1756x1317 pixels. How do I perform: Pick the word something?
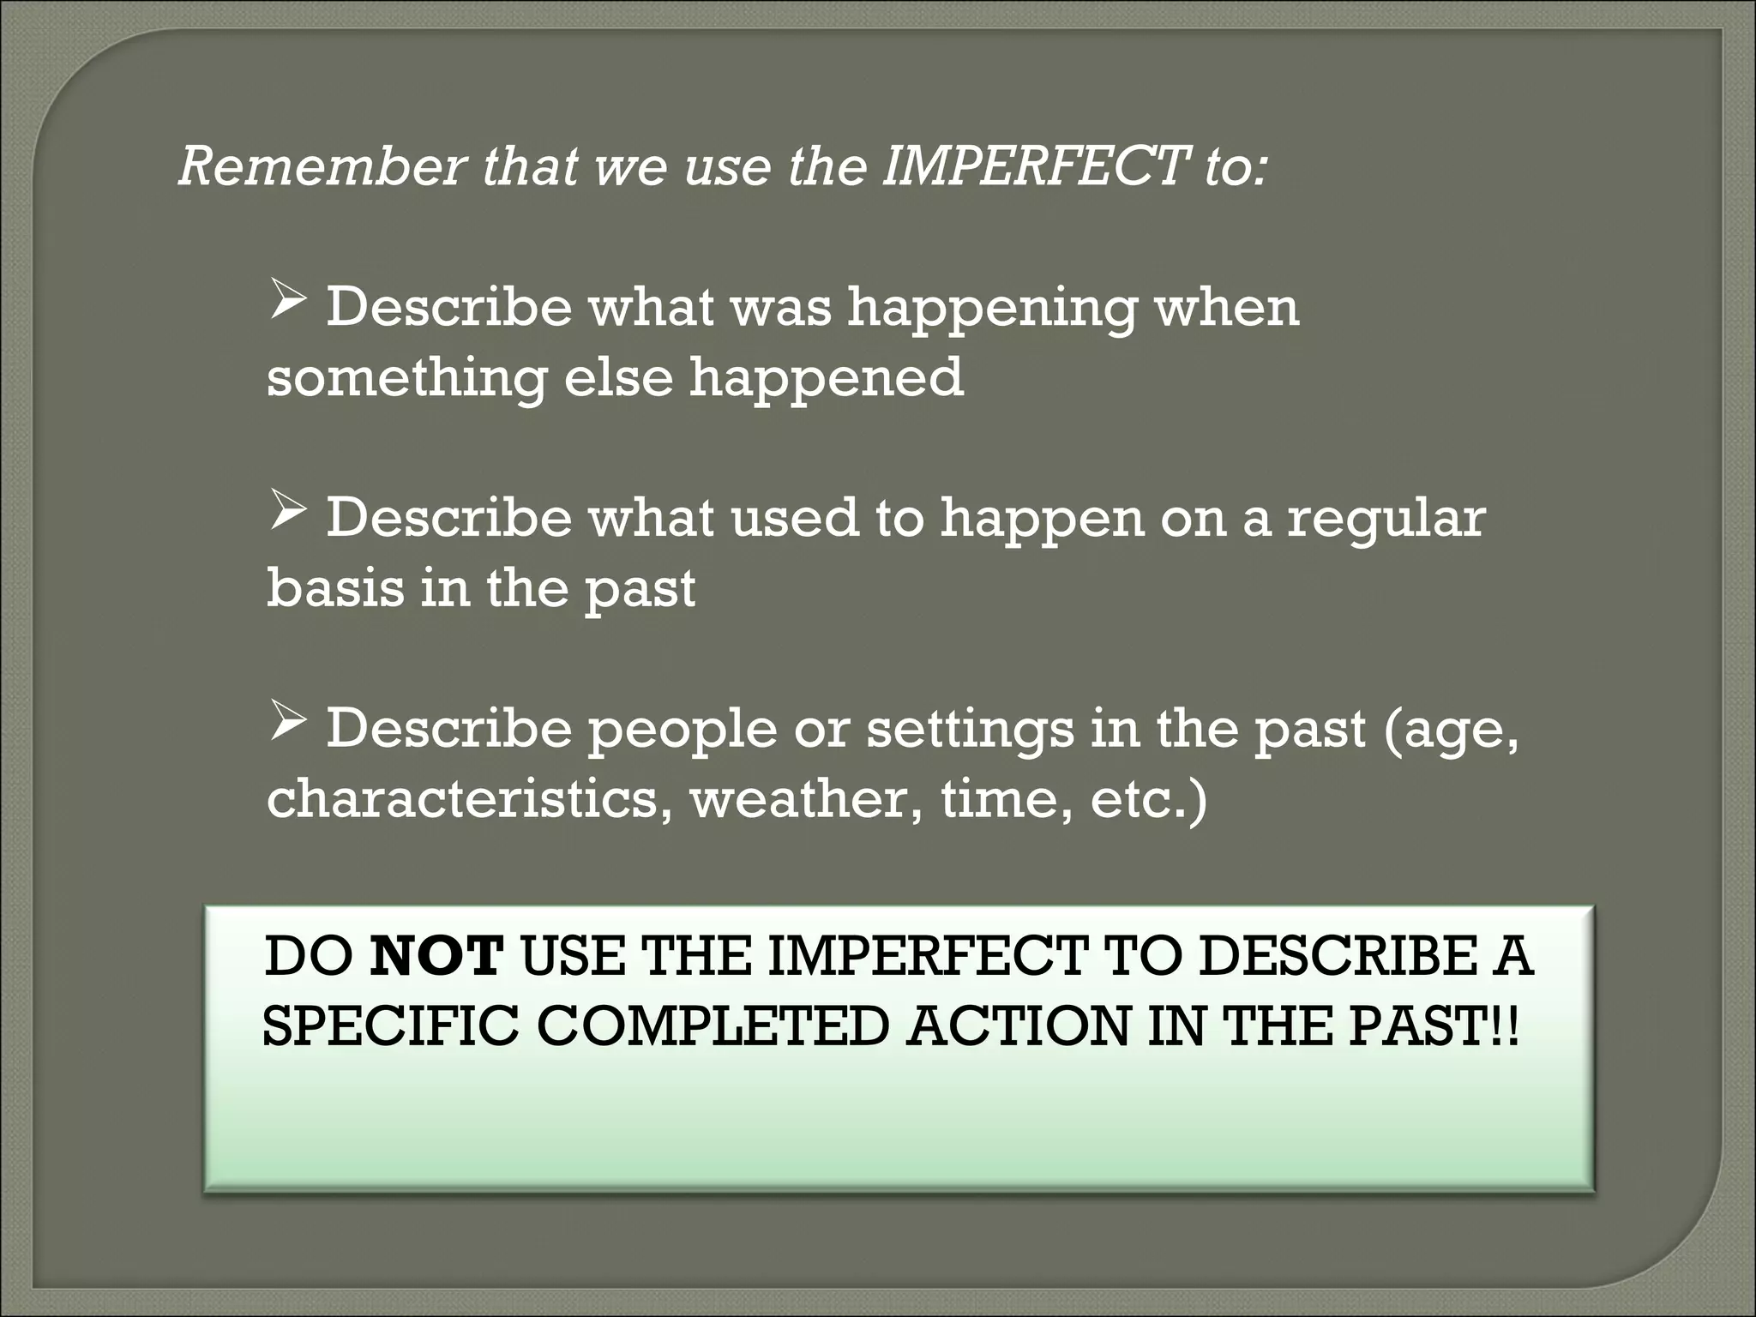tap(406, 379)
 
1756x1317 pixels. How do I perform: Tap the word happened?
tap(827, 379)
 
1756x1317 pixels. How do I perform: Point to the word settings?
tap(970, 731)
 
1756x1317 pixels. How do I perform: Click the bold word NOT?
tap(437, 957)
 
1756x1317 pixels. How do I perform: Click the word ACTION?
tap(1017, 1027)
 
